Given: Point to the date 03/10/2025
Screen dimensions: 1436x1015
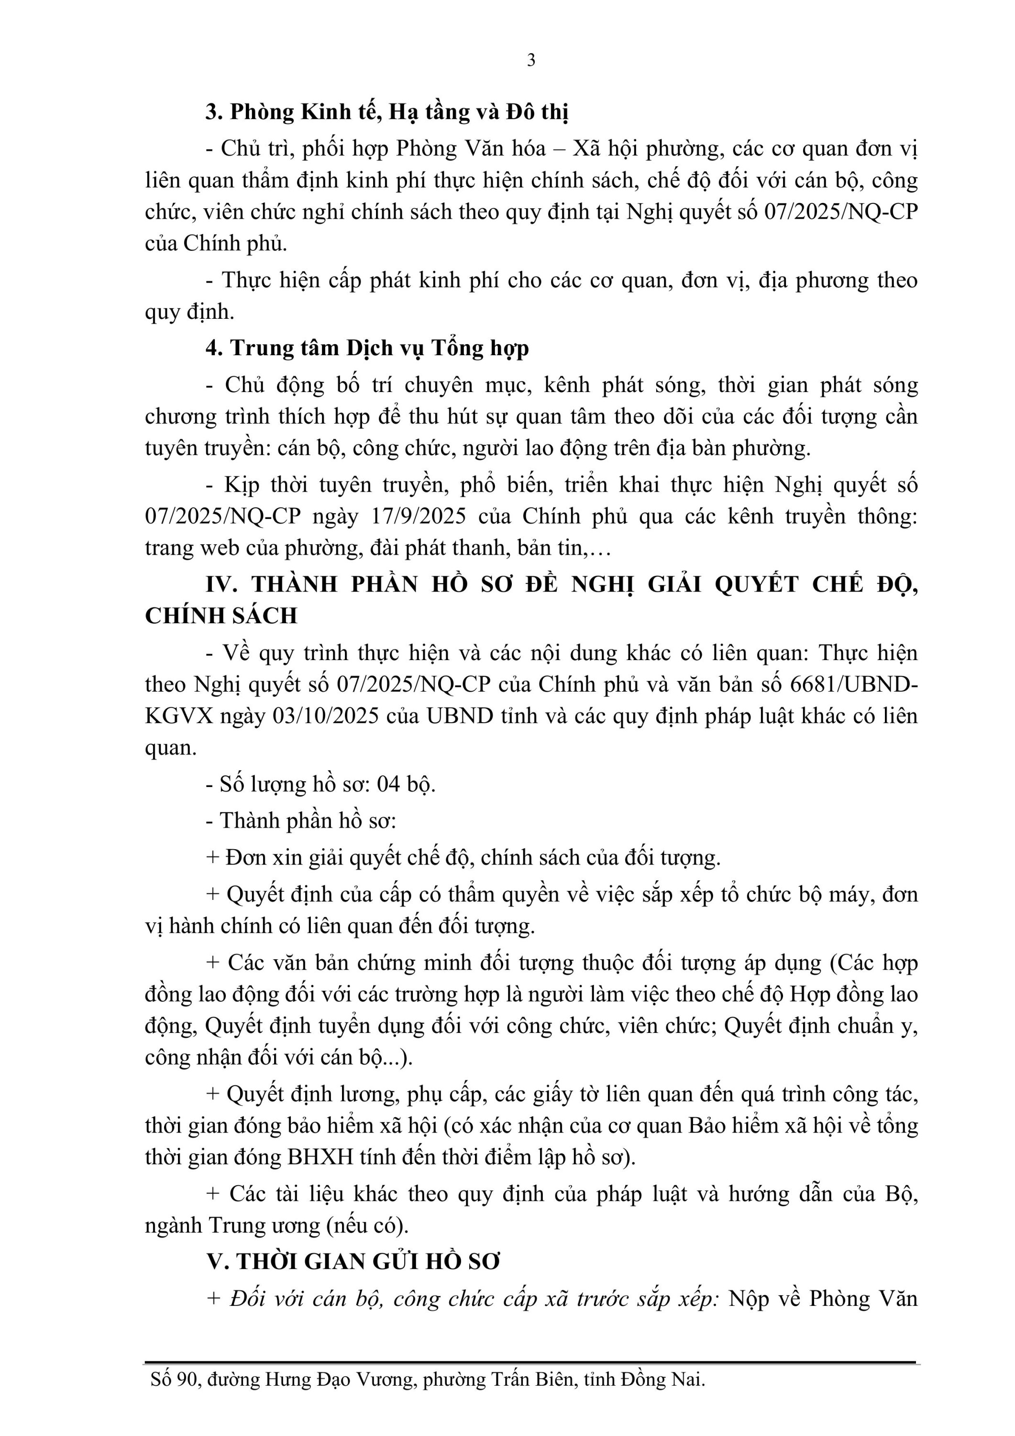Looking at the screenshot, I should (326, 716).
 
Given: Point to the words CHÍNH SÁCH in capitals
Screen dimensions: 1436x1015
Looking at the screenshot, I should (221, 616).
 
